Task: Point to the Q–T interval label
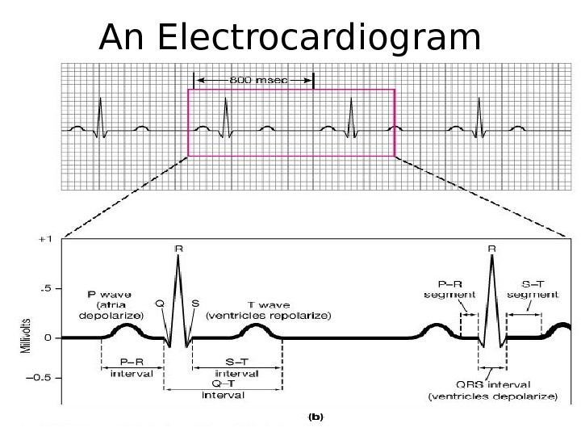[x=224, y=390]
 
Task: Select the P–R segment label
[x=449, y=290]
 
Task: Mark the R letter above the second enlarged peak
[x=492, y=249]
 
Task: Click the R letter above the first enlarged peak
[x=178, y=249]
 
